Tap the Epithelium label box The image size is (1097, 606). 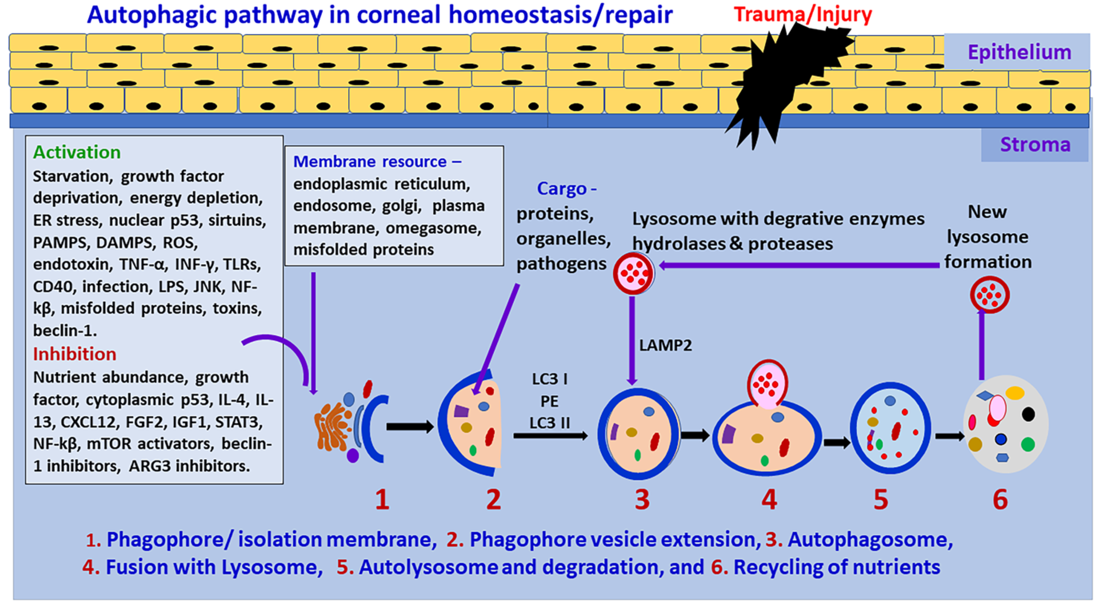tap(1019, 52)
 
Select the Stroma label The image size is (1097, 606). tap(1035, 144)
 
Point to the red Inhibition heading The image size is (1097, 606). tap(75, 354)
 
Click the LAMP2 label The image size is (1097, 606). tap(665, 345)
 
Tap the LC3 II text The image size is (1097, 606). tap(549, 423)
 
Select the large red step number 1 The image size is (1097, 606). tap(382, 499)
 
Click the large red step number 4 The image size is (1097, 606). tap(769, 499)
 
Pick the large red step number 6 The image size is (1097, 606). tap(1000, 499)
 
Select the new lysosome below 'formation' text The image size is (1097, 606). tap(989, 295)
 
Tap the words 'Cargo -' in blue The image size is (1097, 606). tap(566, 188)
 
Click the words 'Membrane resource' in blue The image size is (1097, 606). tap(370, 161)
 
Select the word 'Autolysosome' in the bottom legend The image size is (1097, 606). tap(428, 567)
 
